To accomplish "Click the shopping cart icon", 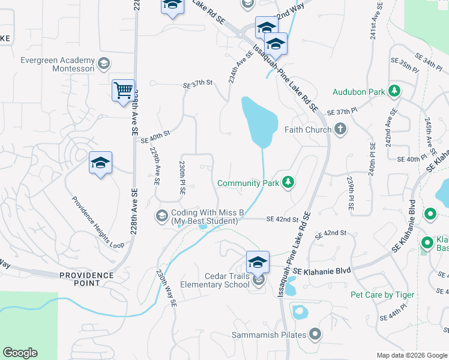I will coord(123,91).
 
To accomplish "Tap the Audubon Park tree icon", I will coord(394,92).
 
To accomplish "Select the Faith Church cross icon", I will coord(340,129).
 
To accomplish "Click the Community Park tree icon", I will coord(288,182).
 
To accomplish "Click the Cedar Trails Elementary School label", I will coord(214,280).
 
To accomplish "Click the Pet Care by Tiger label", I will coord(382,295).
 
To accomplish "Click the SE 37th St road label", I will coord(199,84).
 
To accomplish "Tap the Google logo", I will coord(20,353).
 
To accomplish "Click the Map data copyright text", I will coord(412,355).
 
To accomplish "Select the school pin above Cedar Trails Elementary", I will coord(258,262).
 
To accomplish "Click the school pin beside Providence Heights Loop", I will coord(101,163).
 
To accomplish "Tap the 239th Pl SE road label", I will coord(351,193).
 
